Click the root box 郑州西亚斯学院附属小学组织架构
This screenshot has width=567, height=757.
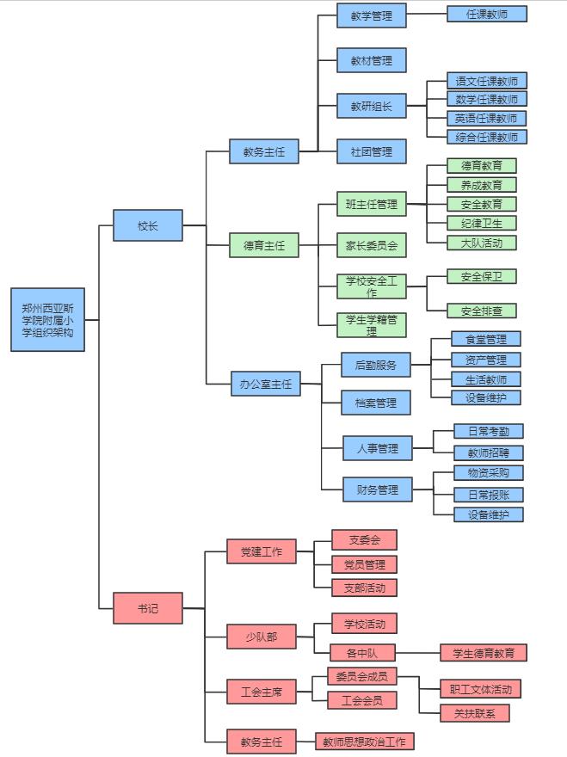[48, 319]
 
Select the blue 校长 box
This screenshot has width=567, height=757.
[148, 225]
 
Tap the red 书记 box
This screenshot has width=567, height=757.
[148, 608]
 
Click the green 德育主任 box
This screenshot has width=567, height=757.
[263, 245]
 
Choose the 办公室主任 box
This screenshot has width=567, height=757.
[266, 384]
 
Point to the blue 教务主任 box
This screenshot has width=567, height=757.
[263, 152]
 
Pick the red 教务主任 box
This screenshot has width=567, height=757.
[262, 740]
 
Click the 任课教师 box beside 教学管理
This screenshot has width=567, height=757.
[487, 14]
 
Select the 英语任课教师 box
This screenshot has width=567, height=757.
[487, 118]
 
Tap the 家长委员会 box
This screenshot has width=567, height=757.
[372, 245]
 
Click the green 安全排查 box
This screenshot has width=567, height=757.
[482, 311]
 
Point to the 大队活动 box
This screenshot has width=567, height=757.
[482, 242]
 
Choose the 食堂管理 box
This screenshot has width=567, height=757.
[486, 339]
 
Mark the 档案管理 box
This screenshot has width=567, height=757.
[376, 403]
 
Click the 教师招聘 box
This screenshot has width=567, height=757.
[489, 452]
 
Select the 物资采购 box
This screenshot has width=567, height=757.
[489, 472]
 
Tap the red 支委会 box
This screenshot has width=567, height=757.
[365, 539]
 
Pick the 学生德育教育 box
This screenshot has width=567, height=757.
[484, 653]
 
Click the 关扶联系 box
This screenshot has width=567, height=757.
[475, 712]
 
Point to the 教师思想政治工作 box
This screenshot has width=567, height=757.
[365, 741]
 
